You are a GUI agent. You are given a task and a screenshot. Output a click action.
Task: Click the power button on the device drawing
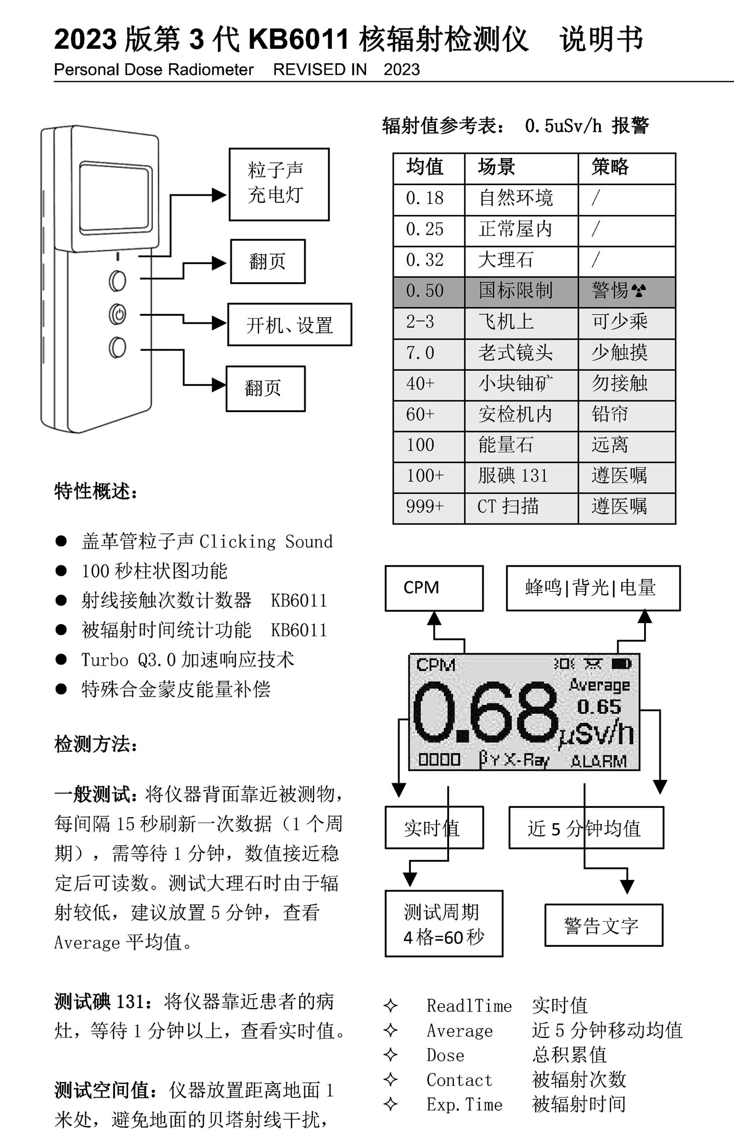[117, 314]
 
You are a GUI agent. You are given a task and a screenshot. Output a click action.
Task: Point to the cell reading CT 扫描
[508, 506]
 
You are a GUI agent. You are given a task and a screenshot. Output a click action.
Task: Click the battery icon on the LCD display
[621, 664]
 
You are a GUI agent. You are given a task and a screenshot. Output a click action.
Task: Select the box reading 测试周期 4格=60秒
[444, 923]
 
